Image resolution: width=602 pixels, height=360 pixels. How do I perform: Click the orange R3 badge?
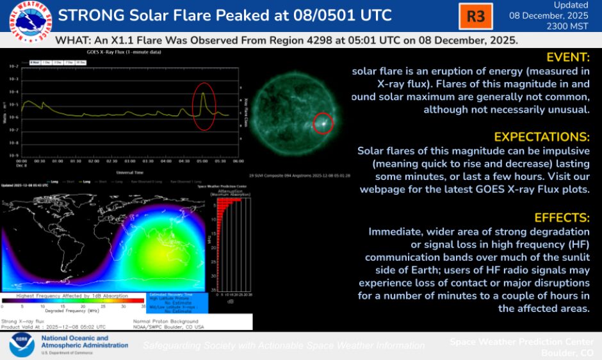click(x=476, y=17)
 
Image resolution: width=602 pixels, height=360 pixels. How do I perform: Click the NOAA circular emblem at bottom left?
click(x=22, y=345)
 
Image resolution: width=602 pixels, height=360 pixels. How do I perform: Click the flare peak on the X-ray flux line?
click(x=203, y=94)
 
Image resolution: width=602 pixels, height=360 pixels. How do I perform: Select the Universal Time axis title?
click(x=129, y=172)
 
